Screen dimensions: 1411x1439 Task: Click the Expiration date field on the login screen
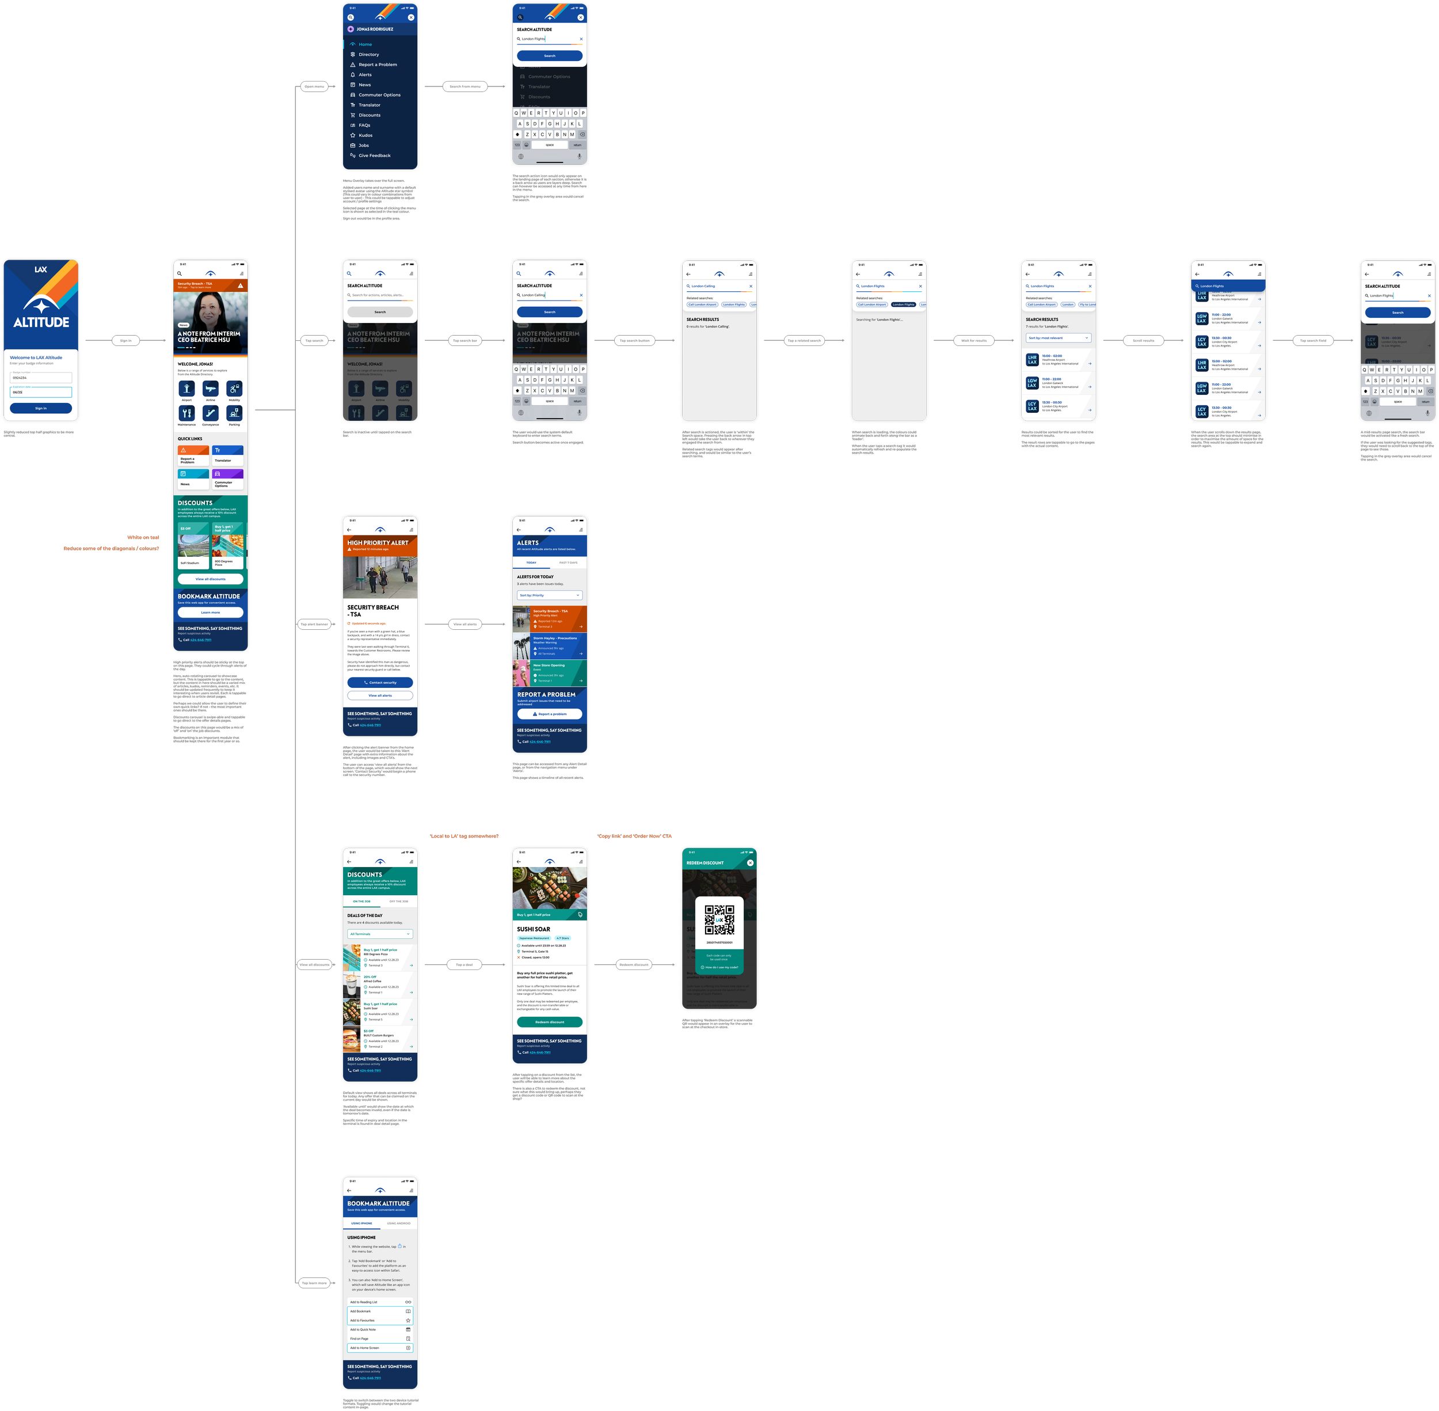(41, 391)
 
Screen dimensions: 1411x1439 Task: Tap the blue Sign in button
(41, 408)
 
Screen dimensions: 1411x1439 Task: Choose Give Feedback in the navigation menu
(374, 155)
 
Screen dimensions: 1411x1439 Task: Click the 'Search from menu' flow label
(465, 87)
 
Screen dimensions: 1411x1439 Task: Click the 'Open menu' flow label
(314, 87)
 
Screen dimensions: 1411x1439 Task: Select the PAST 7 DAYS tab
(568, 562)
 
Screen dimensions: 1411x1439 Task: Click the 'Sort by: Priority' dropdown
(549, 595)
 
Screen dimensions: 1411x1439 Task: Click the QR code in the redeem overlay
(719, 920)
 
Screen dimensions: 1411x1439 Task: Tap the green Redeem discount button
(549, 1022)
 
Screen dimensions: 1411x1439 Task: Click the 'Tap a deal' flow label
(464, 965)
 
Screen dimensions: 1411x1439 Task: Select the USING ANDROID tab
(399, 1223)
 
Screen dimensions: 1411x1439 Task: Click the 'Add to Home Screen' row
(380, 1348)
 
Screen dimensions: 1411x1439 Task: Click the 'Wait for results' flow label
(974, 341)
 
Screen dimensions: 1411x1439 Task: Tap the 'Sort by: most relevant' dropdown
(1058, 338)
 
